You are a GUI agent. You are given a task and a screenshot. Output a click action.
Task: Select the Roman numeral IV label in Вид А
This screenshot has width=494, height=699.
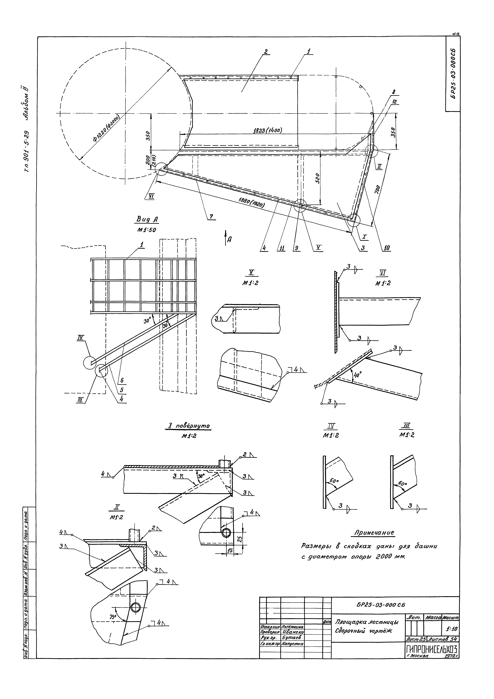[x=81, y=337]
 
